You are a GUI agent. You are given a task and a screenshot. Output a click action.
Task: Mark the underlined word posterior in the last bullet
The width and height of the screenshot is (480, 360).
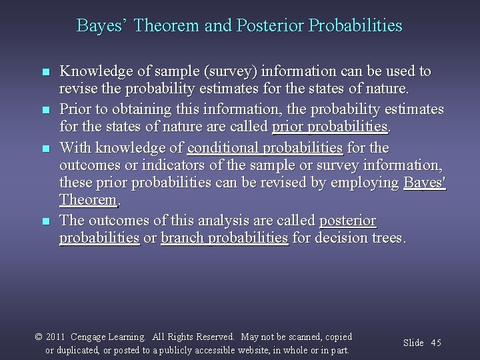tap(347, 221)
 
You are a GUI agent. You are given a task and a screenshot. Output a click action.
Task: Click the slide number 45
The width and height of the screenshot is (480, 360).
tap(436, 343)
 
